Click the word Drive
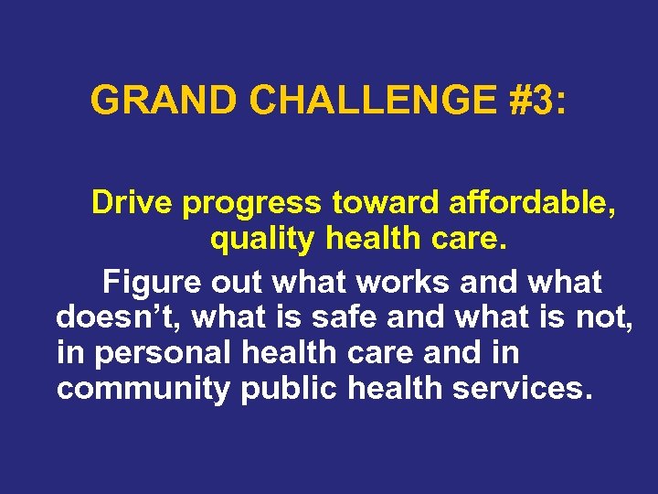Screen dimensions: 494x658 tap(133, 203)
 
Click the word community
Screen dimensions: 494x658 tap(143, 390)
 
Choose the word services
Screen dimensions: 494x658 tap(522, 389)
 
